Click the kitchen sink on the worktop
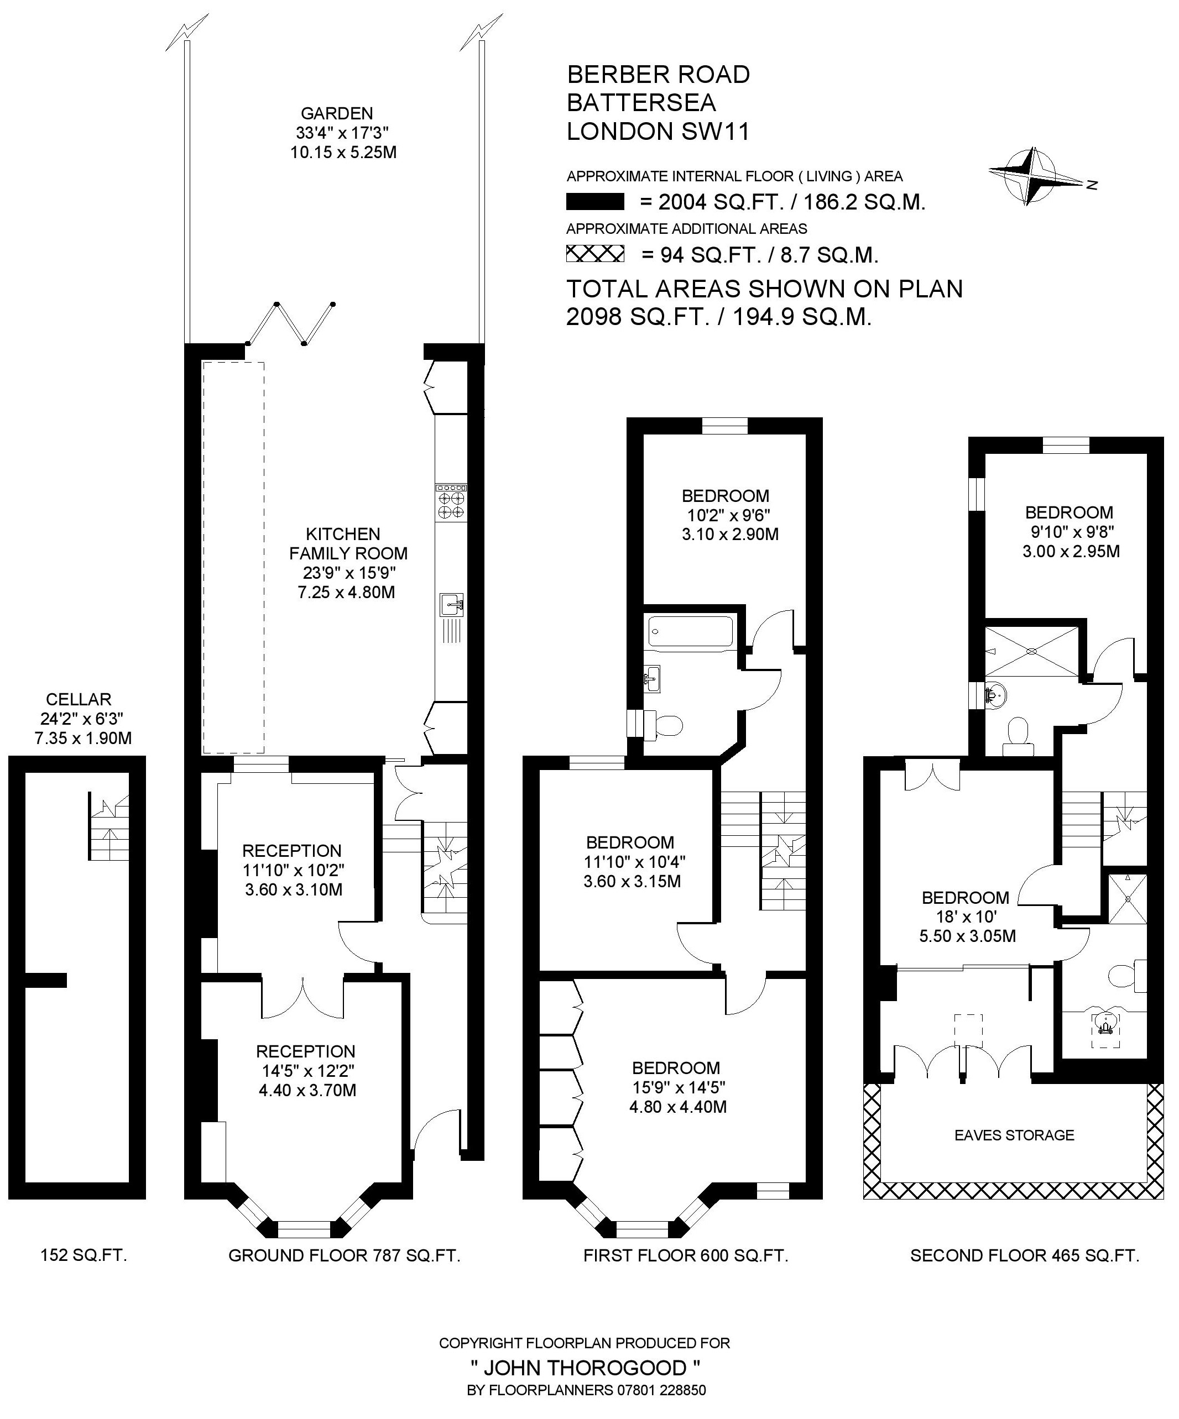(451, 604)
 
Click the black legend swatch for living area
(595, 202)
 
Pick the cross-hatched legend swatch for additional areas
(595, 254)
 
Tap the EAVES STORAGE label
(1014, 1135)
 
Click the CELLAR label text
(79, 699)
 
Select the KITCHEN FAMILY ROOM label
(348, 544)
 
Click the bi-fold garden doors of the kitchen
(291, 324)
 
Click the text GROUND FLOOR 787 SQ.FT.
(344, 1255)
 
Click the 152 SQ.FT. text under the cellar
(84, 1255)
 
